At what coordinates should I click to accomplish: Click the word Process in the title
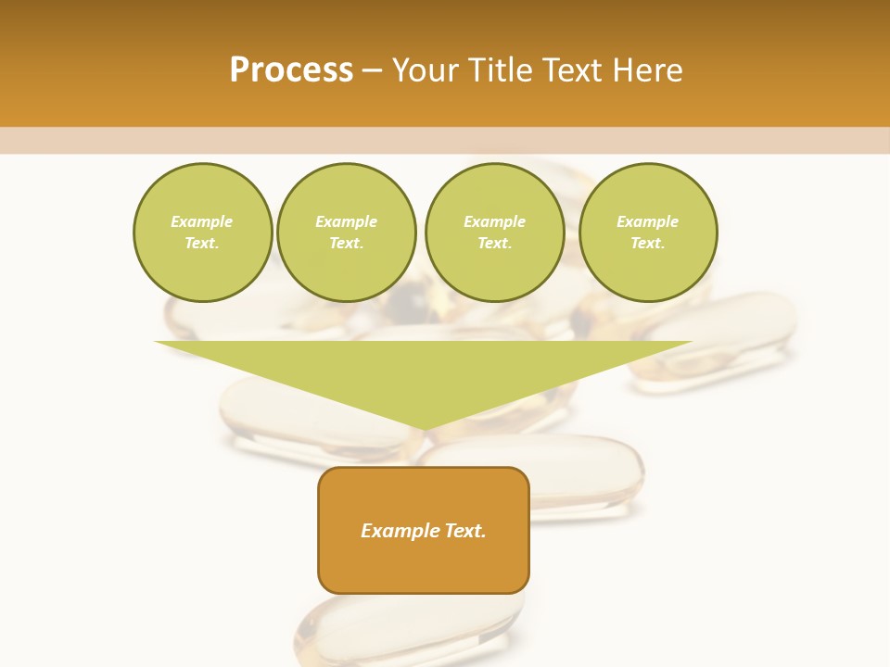291,70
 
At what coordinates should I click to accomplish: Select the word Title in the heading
504,70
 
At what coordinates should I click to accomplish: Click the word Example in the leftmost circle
202,221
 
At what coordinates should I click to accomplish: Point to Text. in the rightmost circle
647,243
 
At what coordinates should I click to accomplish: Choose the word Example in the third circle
494,221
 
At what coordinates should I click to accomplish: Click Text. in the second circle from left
346,243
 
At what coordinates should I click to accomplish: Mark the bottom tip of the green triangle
424,429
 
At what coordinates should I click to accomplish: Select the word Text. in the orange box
464,531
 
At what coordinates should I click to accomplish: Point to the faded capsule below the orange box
408,630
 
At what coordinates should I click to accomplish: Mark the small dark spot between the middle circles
410,305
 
